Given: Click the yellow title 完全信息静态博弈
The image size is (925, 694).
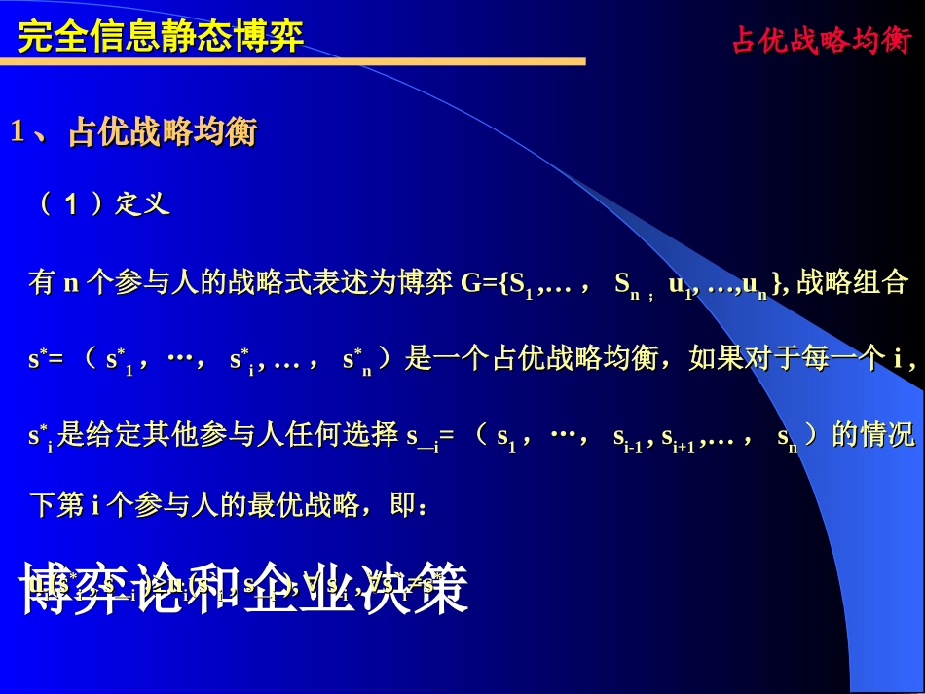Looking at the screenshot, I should [x=161, y=36].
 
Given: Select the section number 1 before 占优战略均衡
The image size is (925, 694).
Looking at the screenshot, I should [x=17, y=132].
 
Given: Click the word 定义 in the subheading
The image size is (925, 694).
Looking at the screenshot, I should [x=142, y=203].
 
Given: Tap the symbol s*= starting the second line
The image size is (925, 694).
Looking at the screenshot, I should [x=45, y=360].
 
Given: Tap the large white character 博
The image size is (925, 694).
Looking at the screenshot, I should [x=55, y=589].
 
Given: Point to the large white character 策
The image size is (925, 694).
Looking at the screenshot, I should [x=434, y=589].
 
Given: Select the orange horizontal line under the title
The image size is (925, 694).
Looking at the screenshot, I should [x=292, y=62].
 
